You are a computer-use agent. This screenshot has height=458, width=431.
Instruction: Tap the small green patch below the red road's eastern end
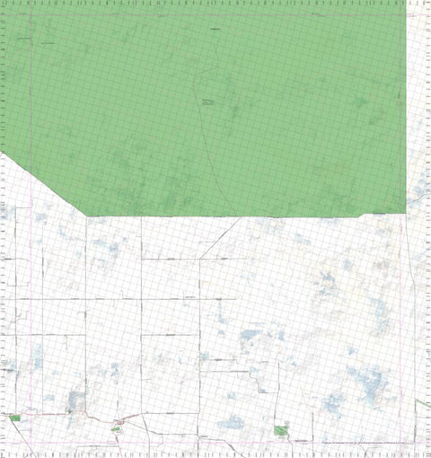[x=116, y=429]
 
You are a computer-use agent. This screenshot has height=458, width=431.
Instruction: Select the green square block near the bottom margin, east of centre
[x=279, y=430]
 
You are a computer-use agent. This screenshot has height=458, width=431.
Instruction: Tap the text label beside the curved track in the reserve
[x=208, y=101]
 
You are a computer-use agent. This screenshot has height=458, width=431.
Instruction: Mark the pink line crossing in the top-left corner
[x=32, y=14]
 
